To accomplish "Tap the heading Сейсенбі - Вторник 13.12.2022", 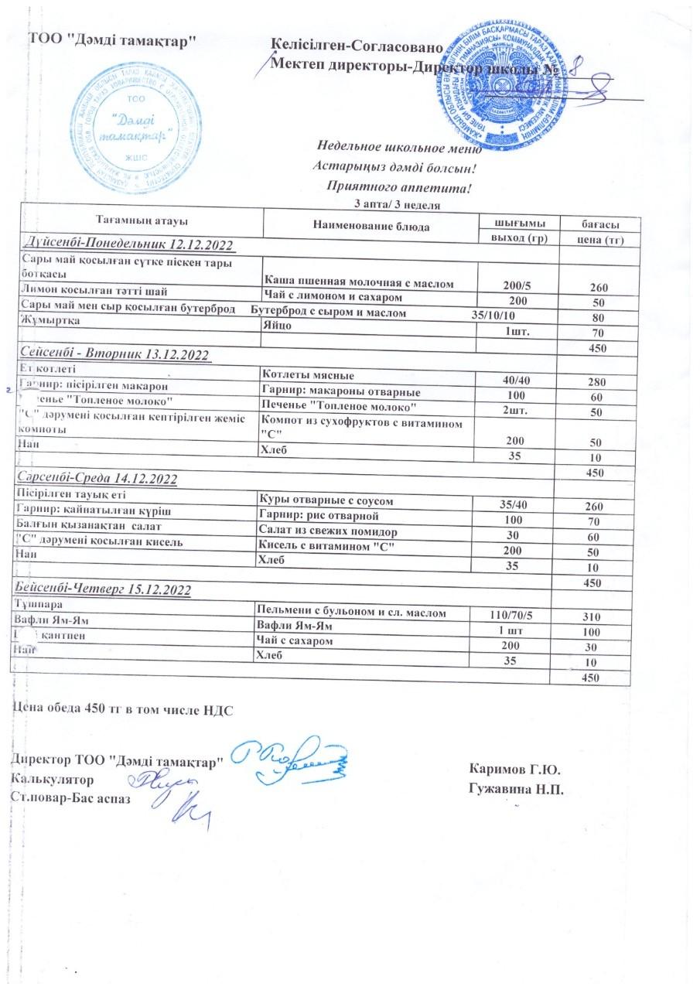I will point(114,354).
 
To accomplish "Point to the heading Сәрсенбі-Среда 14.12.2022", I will point(97,479).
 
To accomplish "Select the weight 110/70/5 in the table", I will point(512,614).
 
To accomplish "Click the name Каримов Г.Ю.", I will point(515,770).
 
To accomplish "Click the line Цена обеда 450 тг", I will point(123,708).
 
